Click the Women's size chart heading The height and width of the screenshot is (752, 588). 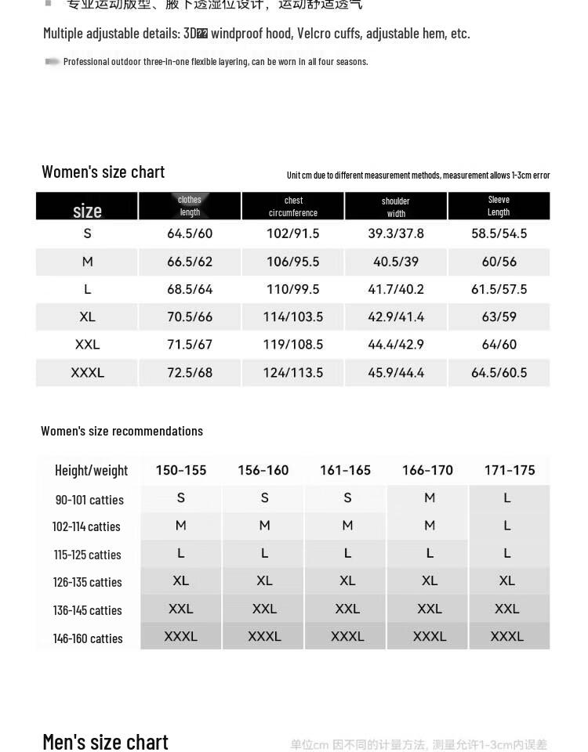(103, 172)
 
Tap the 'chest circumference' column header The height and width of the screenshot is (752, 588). (293, 207)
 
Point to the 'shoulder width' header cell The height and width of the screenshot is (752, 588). (396, 207)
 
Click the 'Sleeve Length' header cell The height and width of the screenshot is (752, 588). (499, 206)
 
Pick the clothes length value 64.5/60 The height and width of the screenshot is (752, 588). (190, 233)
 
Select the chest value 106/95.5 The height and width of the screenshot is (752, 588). (293, 262)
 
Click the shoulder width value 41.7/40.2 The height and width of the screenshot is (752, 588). (396, 289)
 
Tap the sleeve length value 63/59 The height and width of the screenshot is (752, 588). (499, 316)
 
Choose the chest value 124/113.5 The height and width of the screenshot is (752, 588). (293, 373)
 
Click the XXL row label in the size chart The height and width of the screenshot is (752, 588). (87, 345)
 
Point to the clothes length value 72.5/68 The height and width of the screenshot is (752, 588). (190, 373)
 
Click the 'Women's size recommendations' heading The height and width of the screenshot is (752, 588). (122, 431)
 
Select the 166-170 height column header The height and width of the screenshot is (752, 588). (427, 470)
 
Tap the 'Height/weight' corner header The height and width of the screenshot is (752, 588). (91, 471)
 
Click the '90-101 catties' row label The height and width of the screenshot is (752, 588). (89, 500)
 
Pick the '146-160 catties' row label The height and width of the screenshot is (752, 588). (88, 638)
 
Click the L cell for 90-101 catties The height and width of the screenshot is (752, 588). (507, 498)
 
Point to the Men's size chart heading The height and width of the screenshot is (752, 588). (105, 741)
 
